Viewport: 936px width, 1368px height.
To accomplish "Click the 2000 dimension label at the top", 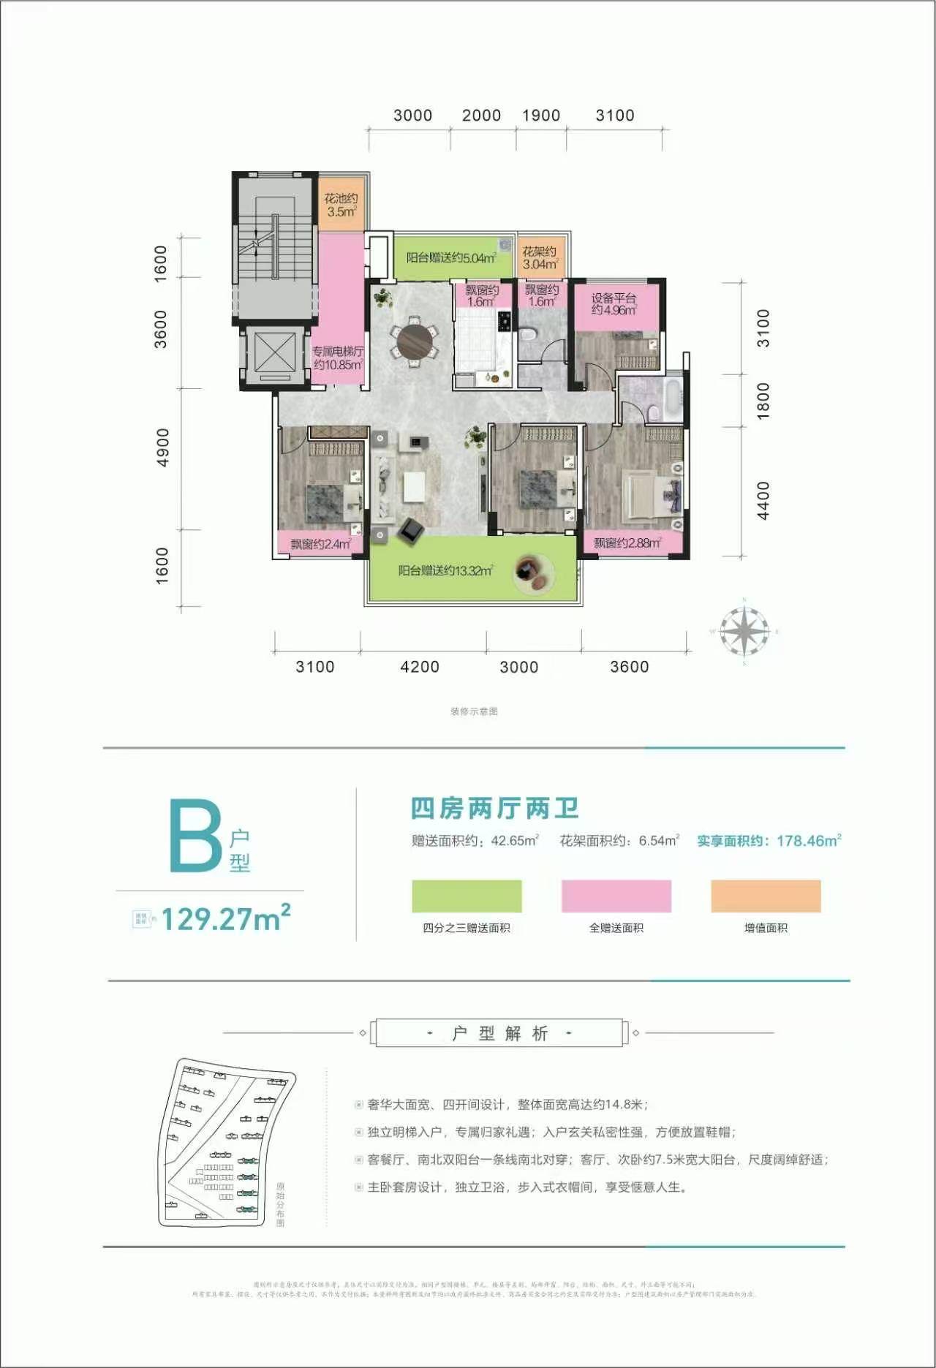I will pyautogui.click(x=481, y=116).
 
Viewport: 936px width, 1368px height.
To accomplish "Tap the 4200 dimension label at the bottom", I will pyautogui.click(x=420, y=667).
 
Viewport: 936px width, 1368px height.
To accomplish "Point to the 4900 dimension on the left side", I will pyautogui.click(x=162, y=447).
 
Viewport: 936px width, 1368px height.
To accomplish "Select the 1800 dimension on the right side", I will pyautogui.click(x=763, y=401).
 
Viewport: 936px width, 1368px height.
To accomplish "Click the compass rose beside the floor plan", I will pyautogui.click(x=744, y=632).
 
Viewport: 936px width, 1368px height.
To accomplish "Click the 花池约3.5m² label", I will pyautogui.click(x=341, y=205).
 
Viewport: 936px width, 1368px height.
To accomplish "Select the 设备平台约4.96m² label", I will pyautogui.click(x=614, y=304).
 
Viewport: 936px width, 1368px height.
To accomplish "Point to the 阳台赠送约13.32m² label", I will pyautogui.click(x=445, y=570).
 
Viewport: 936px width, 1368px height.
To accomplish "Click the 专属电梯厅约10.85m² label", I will pyautogui.click(x=338, y=358).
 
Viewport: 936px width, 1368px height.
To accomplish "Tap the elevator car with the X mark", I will pyautogui.click(x=275, y=352).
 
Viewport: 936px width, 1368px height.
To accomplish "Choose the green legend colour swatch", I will pyautogui.click(x=467, y=896).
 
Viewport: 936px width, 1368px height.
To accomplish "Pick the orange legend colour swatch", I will pyautogui.click(x=766, y=896).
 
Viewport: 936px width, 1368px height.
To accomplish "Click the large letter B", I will pyautogui.click(x=195, y=836).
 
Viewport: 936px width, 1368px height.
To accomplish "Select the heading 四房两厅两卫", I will pyautogui.click(x=495, y=809).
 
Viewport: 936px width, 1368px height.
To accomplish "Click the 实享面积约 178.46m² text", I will pyautogui.click(x=769, y=841).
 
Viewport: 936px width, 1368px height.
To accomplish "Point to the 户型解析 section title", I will pyautogui.click(x=499, y=1033).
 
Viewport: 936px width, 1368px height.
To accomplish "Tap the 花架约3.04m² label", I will pyautogui.click(x=540, y=258).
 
